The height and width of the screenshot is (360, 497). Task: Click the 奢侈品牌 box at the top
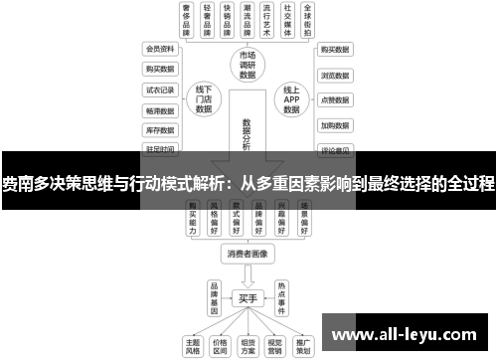pos(186,19)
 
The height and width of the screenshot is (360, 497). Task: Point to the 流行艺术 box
pos(263,19)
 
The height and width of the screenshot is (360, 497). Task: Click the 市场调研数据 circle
pos(248,63)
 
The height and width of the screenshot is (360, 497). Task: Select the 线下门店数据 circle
pos(204,97)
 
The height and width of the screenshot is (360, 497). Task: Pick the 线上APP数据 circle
pos(291,97)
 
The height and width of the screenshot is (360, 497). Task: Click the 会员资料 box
pos(159,48)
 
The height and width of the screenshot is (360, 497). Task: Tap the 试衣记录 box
pos(159,89)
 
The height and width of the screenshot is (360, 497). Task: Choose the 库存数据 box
pos(159,129)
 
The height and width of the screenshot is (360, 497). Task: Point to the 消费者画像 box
pos(248,255)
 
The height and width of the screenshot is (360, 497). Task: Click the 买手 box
pos(248,296)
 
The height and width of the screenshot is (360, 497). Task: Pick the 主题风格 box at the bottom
pos(194,343)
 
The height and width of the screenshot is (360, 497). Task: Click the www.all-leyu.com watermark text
pos(407,333)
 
